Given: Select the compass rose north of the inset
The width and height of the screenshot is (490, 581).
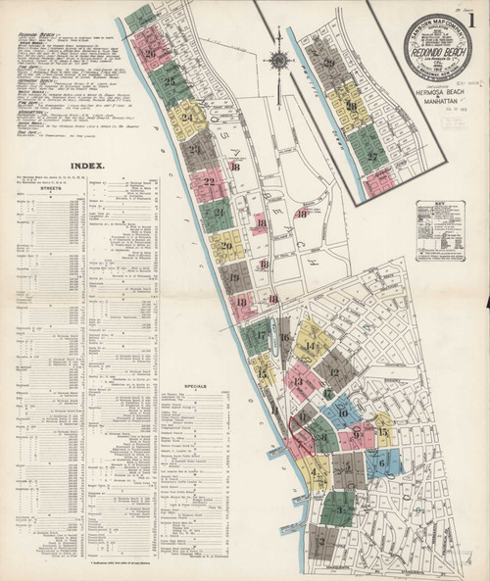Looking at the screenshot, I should [280, 60].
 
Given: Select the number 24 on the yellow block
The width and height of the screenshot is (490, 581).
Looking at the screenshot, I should [186, 118].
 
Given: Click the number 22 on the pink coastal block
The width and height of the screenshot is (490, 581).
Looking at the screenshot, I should [207, 182].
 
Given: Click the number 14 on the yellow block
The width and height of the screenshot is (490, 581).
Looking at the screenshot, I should [311, 346].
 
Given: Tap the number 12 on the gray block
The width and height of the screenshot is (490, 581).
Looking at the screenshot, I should [334, 371].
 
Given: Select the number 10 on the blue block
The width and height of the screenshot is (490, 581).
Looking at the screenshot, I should [342, 412].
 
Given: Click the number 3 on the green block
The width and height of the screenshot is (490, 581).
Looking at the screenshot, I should [338, 508].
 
